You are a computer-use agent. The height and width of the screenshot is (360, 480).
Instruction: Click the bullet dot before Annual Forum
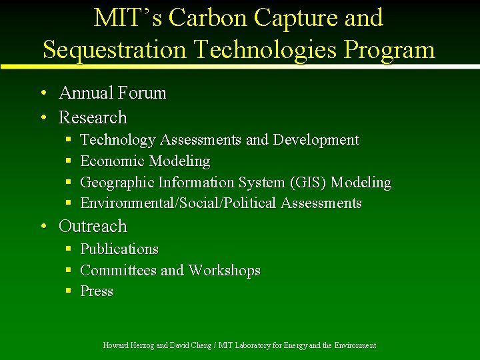pos(43,93)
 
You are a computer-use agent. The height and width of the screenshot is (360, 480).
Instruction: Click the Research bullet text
pos(93,117)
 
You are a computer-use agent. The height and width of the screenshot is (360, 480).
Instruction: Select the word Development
pos(315,140)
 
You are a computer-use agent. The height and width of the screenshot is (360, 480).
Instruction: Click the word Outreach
pos(93,227)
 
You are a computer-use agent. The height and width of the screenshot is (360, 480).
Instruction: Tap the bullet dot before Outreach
pos(43,227)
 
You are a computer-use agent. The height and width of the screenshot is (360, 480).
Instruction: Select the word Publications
pos(119,249)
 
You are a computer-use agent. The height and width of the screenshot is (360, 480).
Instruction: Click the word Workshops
pos(224,270)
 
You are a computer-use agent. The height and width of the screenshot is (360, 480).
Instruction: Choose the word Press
pos(97,291)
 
